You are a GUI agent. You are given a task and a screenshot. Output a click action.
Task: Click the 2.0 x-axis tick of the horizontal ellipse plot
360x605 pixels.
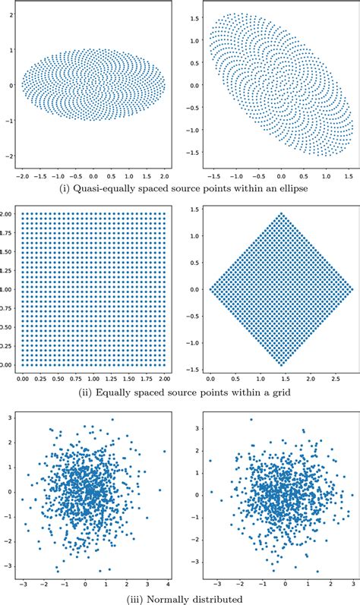pyautogui.click(x=165, y=173)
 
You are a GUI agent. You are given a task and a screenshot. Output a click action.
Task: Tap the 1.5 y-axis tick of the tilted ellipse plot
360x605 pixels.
pyautogui.click(x=195, y=17)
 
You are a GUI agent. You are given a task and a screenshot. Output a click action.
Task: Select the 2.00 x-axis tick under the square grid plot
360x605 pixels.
pyautogui.click(x=164, y=377)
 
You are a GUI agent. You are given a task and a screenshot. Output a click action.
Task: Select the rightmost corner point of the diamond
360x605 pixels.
pyautogui.click(x=353, y=289)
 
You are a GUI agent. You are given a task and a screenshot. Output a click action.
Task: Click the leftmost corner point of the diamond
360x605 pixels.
pyautogui.click(x=210, y=289)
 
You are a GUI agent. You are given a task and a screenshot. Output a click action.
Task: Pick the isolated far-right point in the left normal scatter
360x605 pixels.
pyautogui.click(x=163, y=451)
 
